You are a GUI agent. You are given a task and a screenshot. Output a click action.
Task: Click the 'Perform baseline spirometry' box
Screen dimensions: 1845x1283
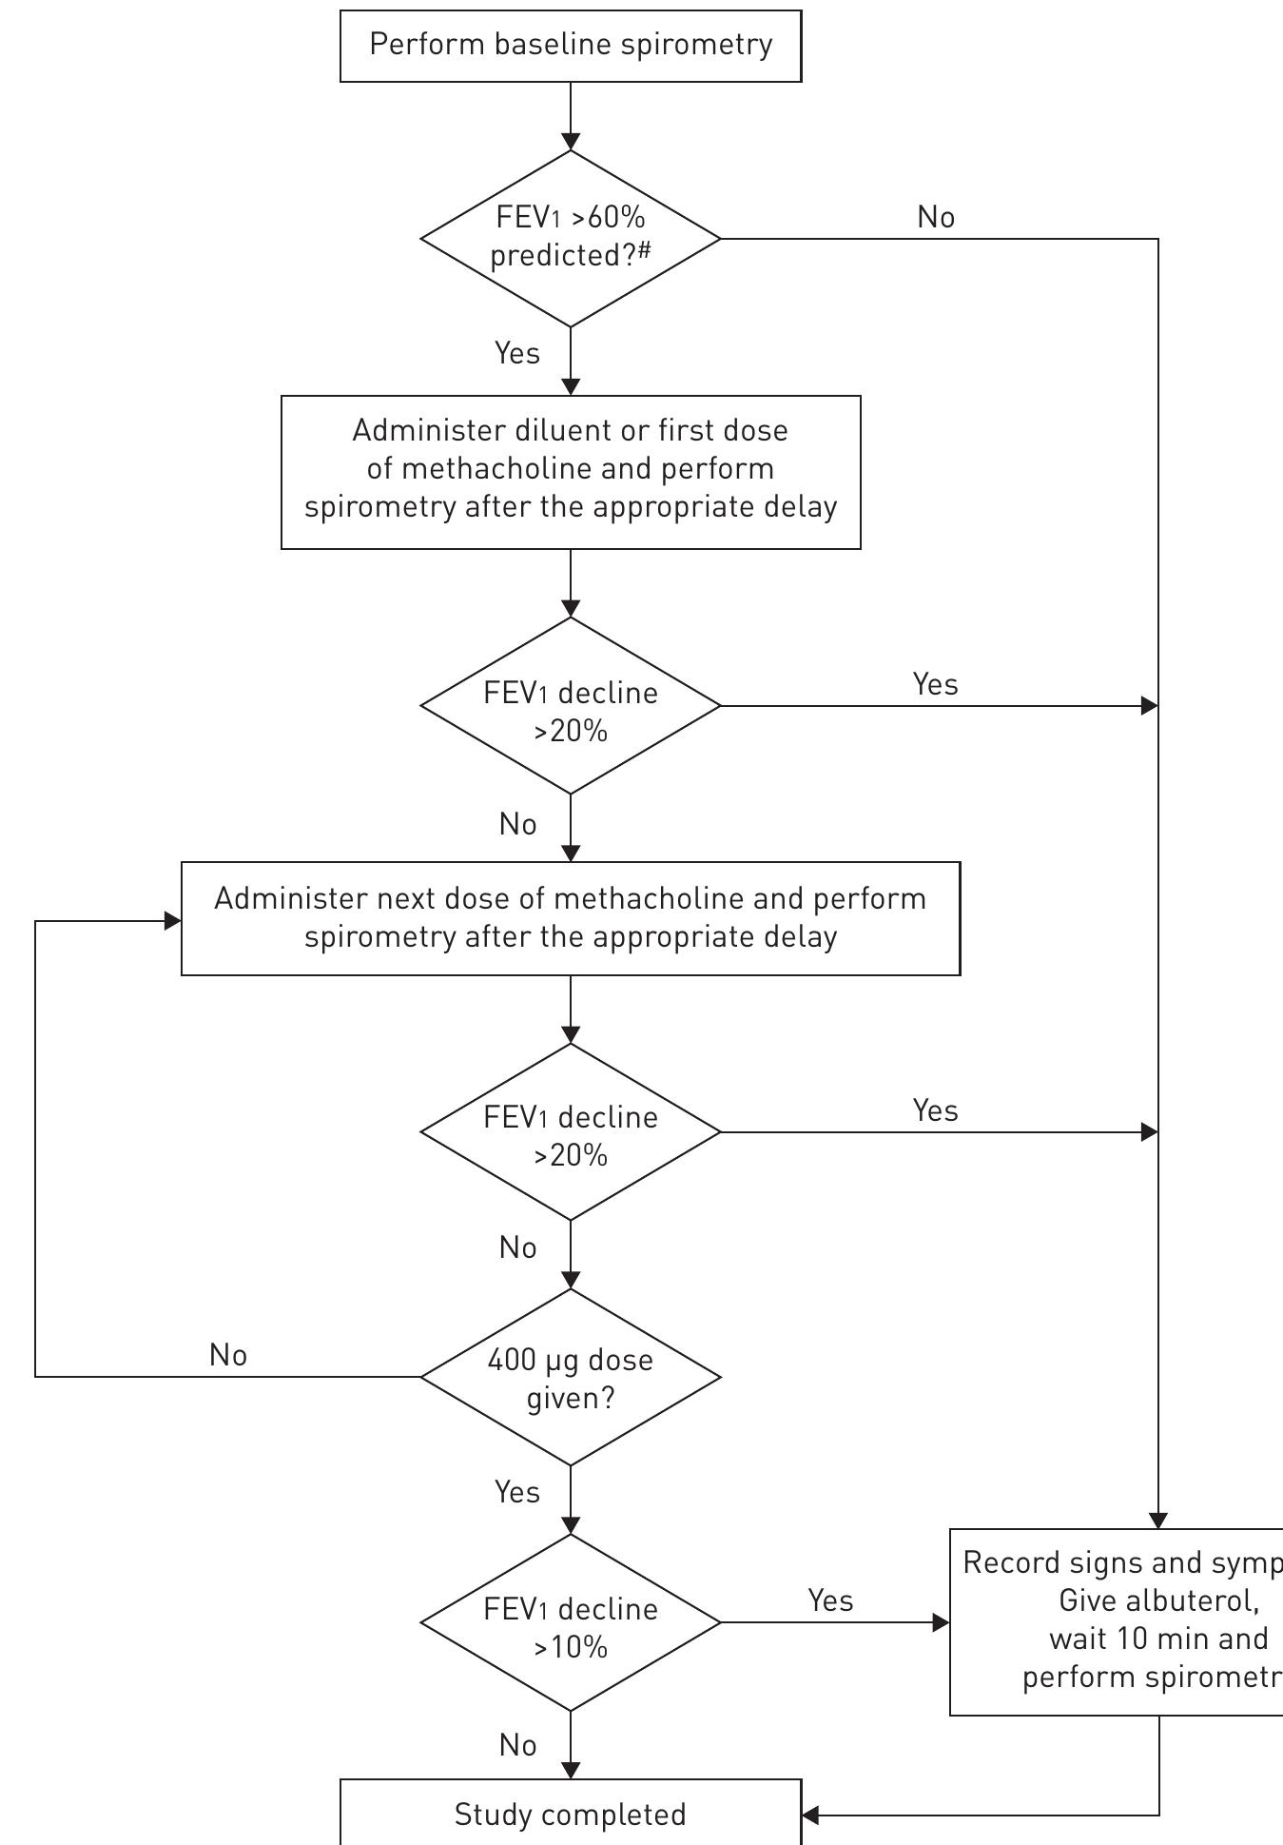(x=571, y=46)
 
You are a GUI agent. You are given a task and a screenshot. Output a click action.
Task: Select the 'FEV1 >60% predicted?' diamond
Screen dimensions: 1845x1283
(x=571, y=238)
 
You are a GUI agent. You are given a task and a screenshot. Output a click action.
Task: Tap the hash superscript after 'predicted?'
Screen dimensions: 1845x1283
(x=645, y=249)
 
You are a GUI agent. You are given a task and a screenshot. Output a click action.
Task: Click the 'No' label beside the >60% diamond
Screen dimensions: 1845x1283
(x=936, y=218)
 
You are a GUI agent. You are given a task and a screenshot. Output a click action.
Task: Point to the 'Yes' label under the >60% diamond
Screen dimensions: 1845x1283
(x=517, y=354)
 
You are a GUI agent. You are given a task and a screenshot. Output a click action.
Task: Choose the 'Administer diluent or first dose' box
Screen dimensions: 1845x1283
(x=571, y=472)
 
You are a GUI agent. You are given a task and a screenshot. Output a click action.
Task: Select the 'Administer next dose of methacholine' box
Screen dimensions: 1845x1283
(x=571, y=918)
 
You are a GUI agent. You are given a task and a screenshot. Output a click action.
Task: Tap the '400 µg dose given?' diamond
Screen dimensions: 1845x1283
(x=571, y=1377)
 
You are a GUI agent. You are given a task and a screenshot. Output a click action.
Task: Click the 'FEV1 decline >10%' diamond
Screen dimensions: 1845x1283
(x=571, y=1622)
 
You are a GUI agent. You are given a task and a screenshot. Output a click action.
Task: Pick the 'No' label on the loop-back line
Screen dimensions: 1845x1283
(x=228, y=1355)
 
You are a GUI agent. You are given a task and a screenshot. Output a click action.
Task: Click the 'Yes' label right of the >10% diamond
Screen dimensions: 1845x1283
(x=830, y=1600)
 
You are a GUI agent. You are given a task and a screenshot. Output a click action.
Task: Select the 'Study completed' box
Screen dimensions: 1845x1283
(x=571, y=1814)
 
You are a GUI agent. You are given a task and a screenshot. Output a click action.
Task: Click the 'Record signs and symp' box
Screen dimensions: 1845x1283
(x=1118, y=1621)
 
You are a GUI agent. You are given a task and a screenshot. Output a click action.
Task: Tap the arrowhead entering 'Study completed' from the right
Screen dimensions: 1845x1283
(x=810, y=1815)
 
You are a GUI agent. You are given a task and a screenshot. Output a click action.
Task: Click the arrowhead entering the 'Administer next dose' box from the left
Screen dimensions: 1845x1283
(x=173, y=921)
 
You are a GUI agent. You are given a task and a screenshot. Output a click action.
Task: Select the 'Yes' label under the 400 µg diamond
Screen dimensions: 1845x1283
(x=517, y=1492)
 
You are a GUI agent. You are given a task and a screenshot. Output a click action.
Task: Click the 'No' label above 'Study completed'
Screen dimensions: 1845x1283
(x=517, y=1745)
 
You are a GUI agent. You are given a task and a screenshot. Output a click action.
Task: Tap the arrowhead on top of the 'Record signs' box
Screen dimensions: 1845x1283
(x=1158, y=1520)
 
